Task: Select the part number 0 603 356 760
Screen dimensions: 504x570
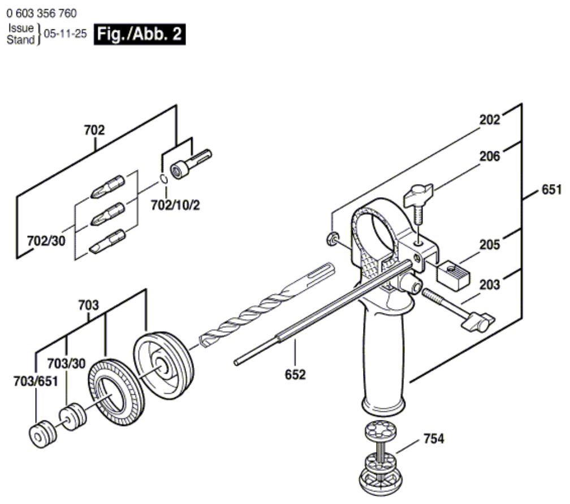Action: (x=42, y=12)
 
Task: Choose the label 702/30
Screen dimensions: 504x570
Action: (x=46, y=241)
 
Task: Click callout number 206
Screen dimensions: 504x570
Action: (x=490, y=157)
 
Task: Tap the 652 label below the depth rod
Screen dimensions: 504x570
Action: (x=295, y=374)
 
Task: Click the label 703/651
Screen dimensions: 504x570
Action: (x=36, y=382)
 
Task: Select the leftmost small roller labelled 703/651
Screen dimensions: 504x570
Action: (x=44, y=433)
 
